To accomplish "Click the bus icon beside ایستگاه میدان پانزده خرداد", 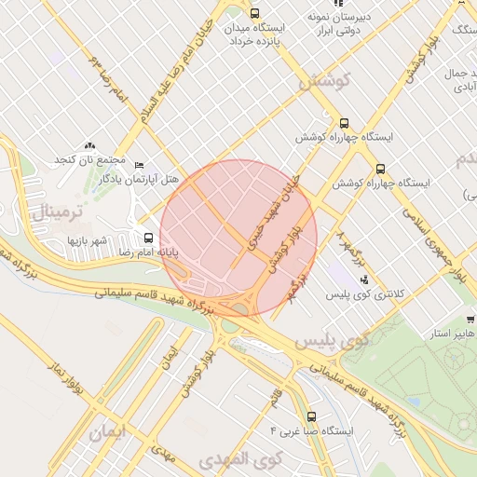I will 255,13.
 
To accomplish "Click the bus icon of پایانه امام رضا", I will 149,238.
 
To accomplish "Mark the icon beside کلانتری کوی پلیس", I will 364,279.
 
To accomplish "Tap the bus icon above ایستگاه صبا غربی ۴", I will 311,416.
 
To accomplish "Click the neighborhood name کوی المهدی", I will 240,460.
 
